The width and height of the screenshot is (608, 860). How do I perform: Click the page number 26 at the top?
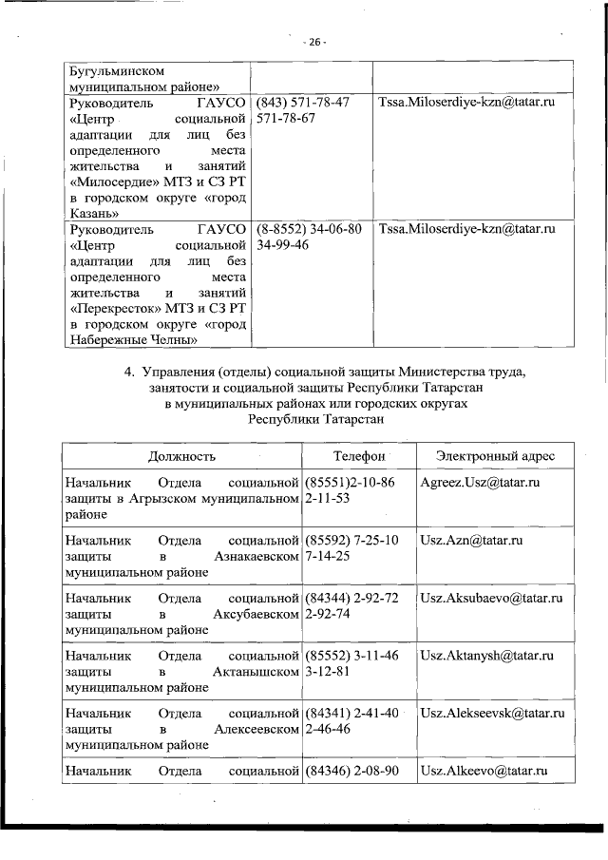(x=315, y=42)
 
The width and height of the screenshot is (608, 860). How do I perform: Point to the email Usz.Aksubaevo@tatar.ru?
(x=491, y=598)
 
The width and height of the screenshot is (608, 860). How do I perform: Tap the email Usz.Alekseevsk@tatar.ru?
(x=492, y=713)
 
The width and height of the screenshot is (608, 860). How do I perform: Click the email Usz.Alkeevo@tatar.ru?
(x=484, y=770)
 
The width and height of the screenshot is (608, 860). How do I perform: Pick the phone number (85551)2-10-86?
(x=349, y=483)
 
